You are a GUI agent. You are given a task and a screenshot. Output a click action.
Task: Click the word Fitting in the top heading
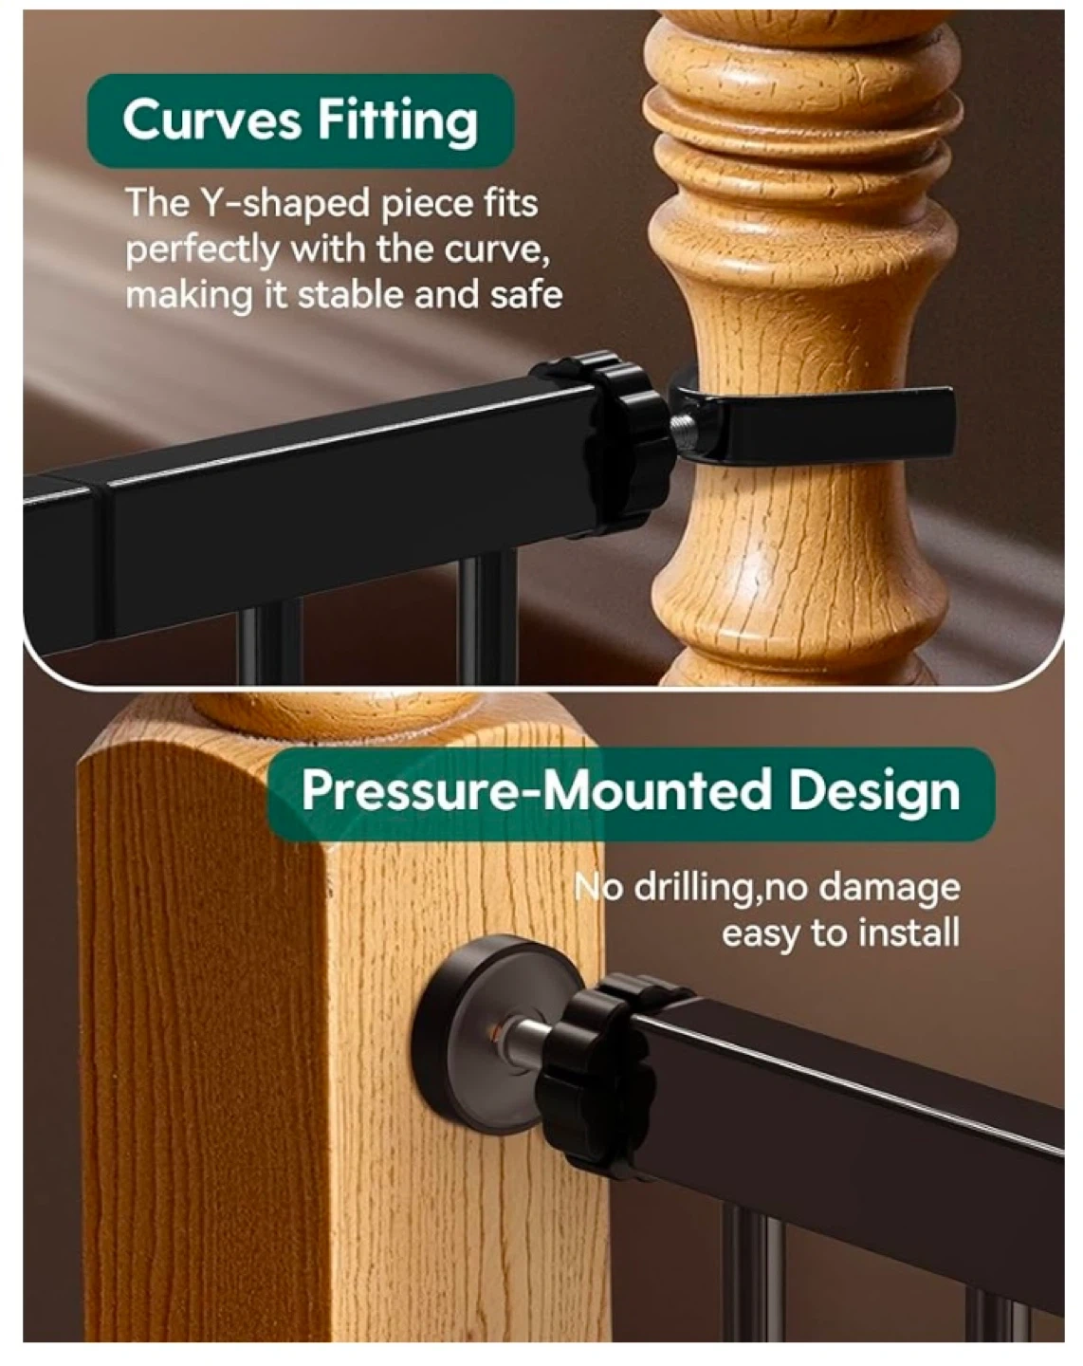pos(397,120)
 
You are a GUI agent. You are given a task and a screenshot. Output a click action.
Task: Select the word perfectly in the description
pos(202,250)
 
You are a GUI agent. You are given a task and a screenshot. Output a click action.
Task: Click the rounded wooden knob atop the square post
pos(337,713)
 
